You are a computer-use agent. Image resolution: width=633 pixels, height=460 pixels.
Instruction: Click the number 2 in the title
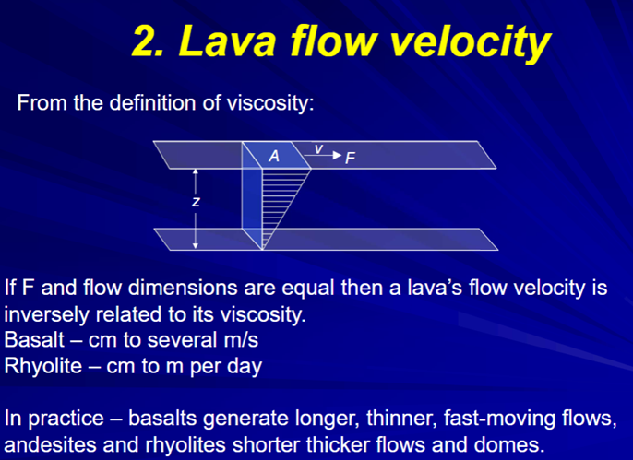[x=146, y=41]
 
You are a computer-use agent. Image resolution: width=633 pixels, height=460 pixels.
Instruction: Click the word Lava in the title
[x=228, y=41]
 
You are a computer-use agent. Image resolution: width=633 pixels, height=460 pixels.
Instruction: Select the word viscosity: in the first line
[x=270, y=103]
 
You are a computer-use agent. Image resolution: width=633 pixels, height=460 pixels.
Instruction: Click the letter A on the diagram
[x=274, y=156]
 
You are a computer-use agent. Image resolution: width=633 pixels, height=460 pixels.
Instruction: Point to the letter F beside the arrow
[x=350, y=158]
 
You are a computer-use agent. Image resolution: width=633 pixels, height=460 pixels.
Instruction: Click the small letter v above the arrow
[x=319, y=149]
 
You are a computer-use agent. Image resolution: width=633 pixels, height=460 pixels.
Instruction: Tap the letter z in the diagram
[x=196, y=202]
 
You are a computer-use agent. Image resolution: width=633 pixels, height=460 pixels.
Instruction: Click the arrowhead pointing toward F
[x=337, y=155]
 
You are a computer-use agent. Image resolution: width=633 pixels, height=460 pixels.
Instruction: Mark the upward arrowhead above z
[x=196, y=171]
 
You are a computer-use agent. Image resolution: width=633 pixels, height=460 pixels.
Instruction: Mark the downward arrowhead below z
[x=196, y=245]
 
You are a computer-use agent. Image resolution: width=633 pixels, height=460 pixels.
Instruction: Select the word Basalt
[x=34, y=339]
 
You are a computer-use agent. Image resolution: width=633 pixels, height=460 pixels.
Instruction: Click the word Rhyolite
[x=43, y=366]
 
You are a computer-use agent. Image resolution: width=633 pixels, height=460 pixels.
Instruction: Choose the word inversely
[x=47, y=314]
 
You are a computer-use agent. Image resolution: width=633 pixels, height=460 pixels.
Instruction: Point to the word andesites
[x=50, y=444]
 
